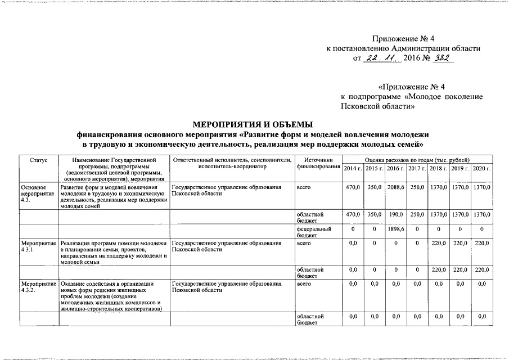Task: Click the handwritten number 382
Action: click(x=440, y=58)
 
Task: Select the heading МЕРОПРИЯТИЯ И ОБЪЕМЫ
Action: click(x=253, y=124)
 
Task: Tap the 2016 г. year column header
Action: click(x=396, y=168)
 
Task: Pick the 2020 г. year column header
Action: click(x=481, y=168)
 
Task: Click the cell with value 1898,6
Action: click(x=396, y=229)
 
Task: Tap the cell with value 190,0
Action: click(x=396, y=214)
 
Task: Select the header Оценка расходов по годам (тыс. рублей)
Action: click(x=417, y=160)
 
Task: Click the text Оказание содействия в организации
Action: click(x=107, y=284)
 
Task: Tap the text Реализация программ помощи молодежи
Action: click(x=114, y=242)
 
